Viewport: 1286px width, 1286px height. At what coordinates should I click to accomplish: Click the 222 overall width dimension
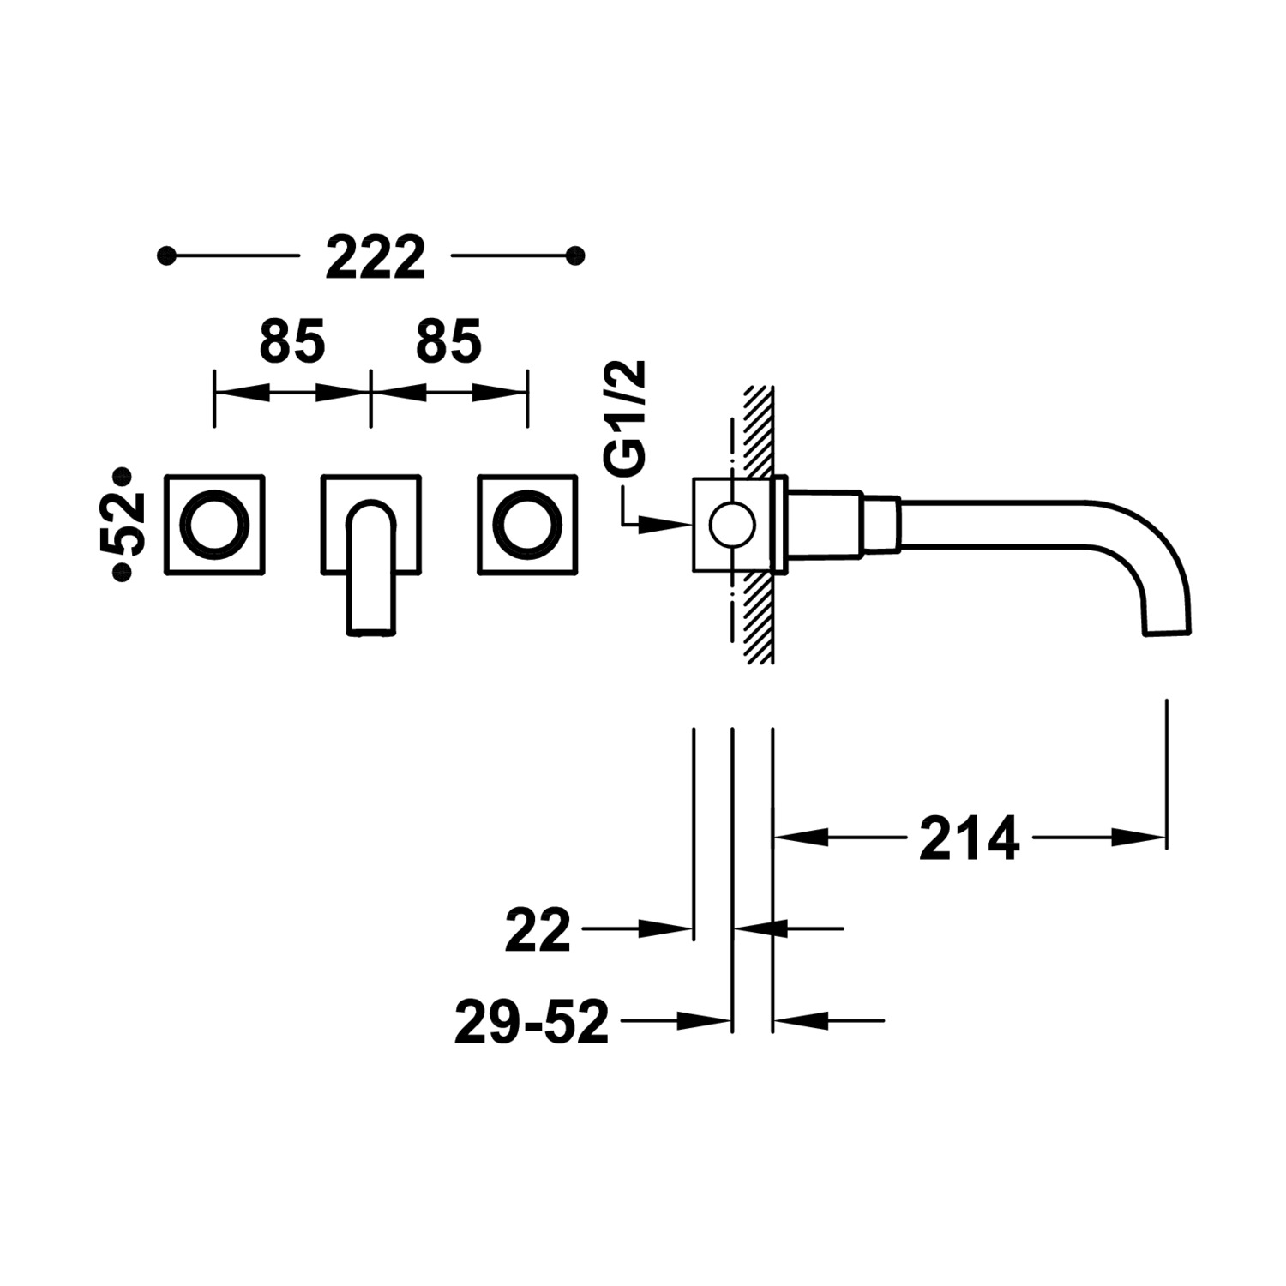(x=375, y=257)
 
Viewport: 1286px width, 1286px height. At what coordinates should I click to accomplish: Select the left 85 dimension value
(x=292, y=341)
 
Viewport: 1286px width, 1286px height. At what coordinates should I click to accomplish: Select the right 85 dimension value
(x=448, y=341)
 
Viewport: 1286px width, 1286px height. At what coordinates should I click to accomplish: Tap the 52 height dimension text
(x=123, y=524)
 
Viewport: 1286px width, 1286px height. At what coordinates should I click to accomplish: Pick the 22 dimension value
(x=538, y=930)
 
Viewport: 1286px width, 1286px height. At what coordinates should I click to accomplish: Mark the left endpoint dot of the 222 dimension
(x=167, y=255)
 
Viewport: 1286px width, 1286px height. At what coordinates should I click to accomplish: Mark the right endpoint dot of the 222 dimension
(x=576, y=255)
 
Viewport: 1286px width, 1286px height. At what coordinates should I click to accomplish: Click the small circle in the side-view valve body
(x=731, y=524)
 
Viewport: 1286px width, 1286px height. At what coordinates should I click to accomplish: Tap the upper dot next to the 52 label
(x=123, y=474)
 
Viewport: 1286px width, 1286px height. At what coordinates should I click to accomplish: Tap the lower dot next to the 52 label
(x=123, y=573)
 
